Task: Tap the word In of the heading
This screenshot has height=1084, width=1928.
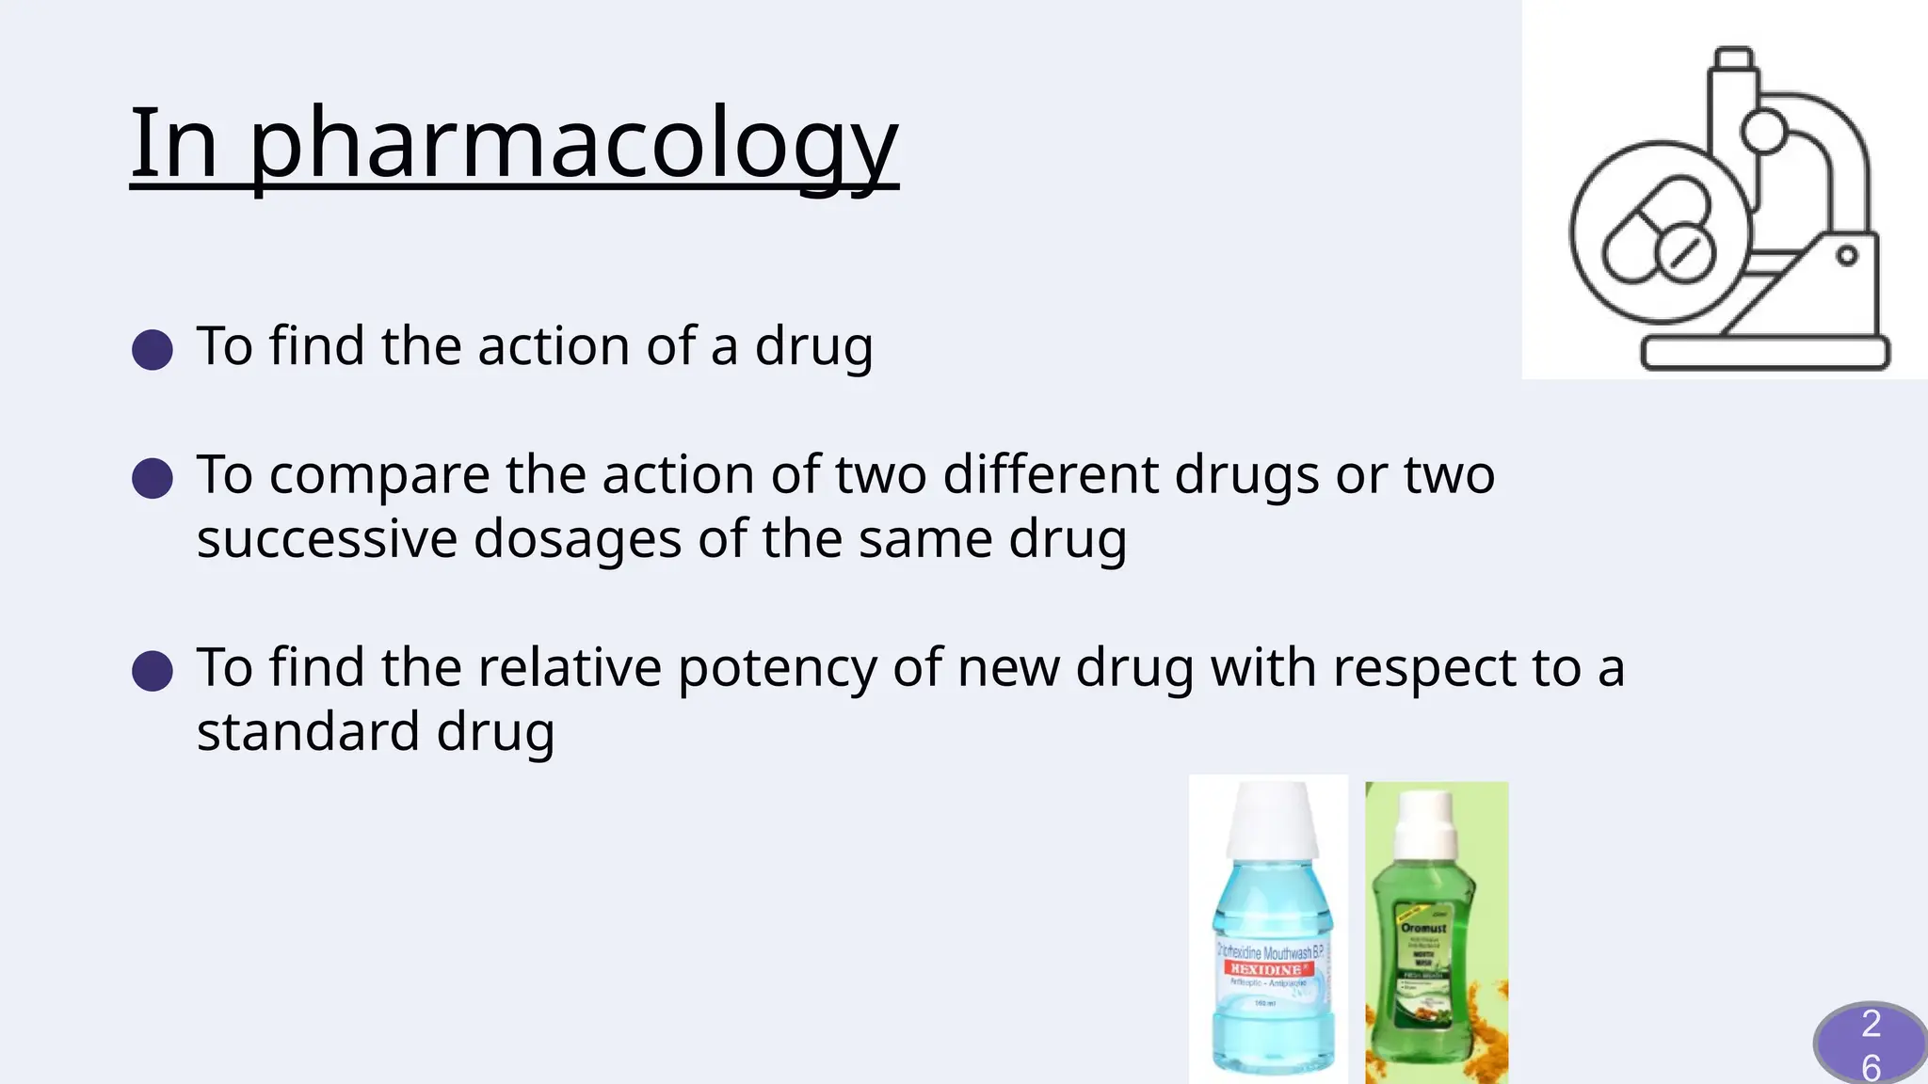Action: pyautogui.click(x=174, y=143)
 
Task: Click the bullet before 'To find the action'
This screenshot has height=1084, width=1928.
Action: pyautogui.click(x=153, y=349)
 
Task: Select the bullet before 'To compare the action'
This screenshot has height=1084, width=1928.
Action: pyautogui.click(x=153, y=478)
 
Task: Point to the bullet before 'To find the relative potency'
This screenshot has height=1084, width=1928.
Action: pyautogui.click(x=153, y=672)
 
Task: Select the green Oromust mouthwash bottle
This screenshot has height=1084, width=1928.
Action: pyautogui.click(x=1424, y=950)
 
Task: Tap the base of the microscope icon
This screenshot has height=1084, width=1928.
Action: pyautogui.click(x=1765, y=353)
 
